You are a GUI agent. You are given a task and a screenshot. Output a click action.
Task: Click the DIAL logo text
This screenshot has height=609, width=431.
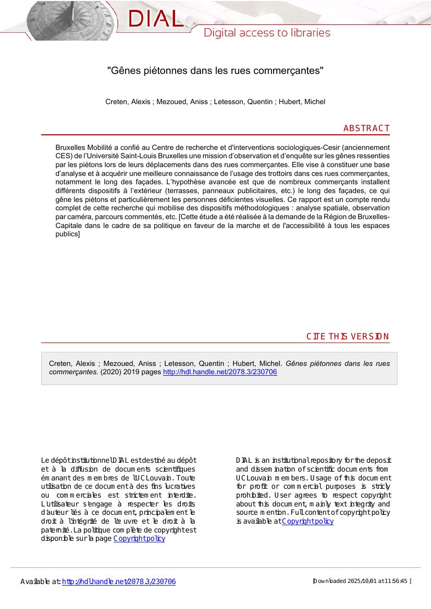click(155, 19)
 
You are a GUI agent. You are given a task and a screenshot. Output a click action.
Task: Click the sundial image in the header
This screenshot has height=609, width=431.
click(73, 21)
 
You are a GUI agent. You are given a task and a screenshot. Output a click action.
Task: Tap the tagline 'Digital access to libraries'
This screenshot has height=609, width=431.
click(267, 33)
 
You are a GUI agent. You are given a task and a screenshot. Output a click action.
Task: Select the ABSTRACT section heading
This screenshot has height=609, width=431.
click(366, 128)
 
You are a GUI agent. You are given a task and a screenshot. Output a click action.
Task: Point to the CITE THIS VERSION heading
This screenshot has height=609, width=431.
click(348, 336)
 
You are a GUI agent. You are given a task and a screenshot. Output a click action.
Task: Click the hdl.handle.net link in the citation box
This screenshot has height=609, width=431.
click(220, 372)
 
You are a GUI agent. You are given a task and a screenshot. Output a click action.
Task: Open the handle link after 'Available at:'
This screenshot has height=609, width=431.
click(119, 581)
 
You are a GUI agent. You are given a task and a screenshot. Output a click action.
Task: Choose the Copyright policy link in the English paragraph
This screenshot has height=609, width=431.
click(307, 522)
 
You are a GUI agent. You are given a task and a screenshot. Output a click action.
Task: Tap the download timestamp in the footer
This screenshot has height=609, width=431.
click(362, 581)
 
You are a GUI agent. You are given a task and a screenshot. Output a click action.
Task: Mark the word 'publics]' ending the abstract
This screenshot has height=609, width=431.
click(67, 234)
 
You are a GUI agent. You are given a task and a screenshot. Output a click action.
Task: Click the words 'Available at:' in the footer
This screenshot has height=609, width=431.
click(41, 581)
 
